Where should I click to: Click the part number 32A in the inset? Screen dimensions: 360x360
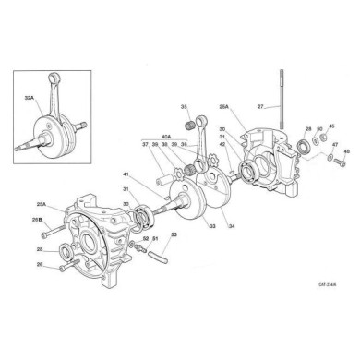tap(29, 96)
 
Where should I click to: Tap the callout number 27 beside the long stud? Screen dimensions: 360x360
tap(261, 107)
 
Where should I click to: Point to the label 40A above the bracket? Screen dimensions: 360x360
tap(167, 138)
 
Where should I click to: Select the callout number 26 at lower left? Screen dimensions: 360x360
tap(39, 265)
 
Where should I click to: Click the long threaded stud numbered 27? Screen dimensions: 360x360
tap(276, 102)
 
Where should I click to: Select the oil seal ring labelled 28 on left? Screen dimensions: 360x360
tap(66, 251)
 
